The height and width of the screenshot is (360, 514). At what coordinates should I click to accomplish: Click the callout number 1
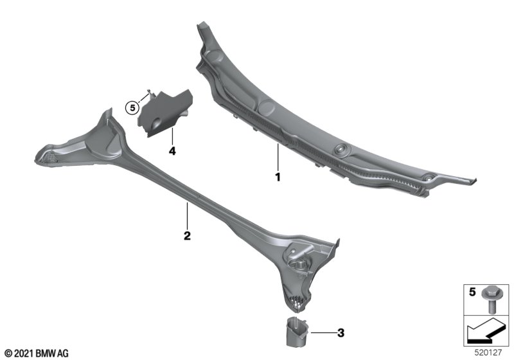point(278,177)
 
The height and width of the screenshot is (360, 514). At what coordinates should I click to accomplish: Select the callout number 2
point(187,235)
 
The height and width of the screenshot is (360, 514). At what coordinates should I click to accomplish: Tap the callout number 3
point(341,333)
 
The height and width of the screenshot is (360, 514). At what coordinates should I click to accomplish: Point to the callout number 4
point(172,151)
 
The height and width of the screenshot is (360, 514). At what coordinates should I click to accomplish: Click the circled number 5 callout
point(132,107)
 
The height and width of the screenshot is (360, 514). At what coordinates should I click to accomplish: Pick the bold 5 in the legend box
point(472,291)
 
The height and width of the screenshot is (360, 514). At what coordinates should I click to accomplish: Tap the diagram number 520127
point(488,353)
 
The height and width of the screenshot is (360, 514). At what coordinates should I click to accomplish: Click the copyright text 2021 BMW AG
point(37,354)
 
